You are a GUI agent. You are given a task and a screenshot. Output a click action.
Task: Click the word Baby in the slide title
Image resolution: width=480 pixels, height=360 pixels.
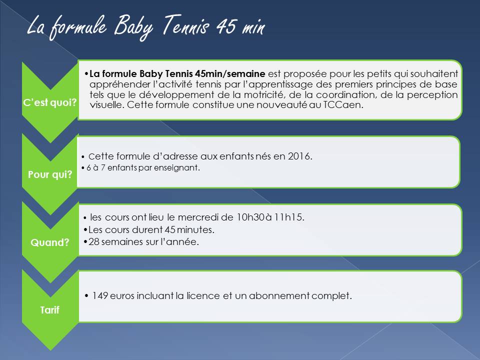[133, 27]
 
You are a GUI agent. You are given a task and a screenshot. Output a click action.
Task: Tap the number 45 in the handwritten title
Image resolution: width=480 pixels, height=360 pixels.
[226, 25]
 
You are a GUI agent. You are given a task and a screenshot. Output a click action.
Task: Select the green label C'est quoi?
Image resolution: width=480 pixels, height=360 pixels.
[50, 102]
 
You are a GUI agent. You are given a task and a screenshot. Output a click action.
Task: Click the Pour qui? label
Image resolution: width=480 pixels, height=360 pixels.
[50, 174]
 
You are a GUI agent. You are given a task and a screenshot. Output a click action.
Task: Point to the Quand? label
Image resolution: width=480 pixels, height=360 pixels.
[50, 242]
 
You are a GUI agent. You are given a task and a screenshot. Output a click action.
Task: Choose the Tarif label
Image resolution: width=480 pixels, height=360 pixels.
[50, 310]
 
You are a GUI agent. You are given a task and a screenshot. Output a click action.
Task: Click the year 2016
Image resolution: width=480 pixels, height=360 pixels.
[299, 156]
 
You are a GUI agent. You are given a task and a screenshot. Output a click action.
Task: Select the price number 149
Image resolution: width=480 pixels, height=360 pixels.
[100, 295]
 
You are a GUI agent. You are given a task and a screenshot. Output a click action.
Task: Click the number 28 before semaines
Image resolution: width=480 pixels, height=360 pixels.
[94, 242]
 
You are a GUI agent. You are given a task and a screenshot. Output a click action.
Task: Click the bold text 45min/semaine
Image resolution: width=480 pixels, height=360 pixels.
[230, 74]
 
